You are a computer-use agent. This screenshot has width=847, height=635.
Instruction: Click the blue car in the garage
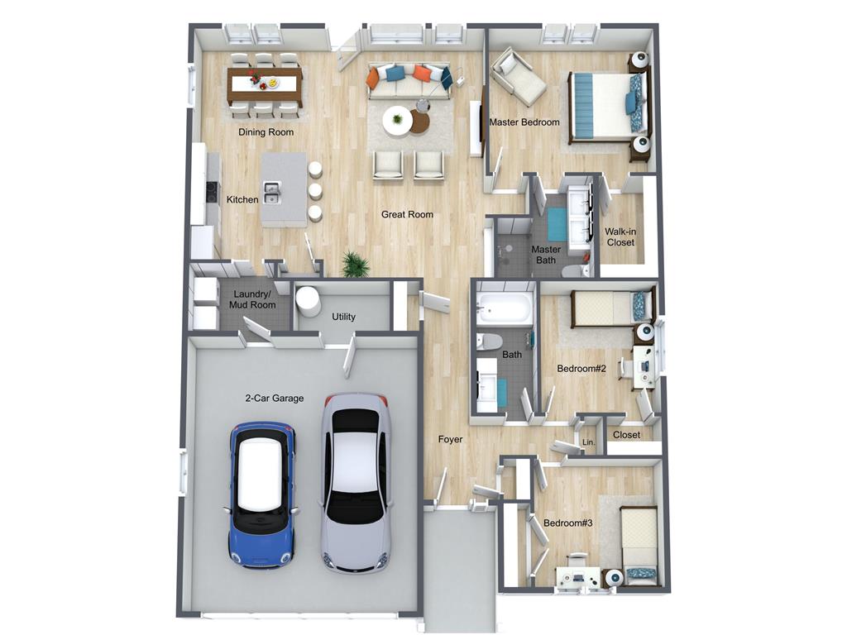click(261, 495)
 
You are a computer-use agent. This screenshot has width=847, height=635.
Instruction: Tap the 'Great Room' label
click(407, 214)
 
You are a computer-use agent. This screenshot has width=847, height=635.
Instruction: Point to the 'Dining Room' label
click(266, 131)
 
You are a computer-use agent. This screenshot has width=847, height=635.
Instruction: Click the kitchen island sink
click(271, 193)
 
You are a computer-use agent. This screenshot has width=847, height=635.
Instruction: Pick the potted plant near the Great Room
click(356, 264)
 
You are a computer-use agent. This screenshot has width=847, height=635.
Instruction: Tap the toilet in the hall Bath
click(489, 341)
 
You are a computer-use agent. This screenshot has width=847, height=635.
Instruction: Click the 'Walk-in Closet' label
click(620, 237)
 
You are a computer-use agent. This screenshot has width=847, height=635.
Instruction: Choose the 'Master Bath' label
click(546, 255)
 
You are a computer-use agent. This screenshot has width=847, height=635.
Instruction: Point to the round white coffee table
click(398, 121)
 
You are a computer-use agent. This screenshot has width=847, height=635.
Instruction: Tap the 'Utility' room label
click(343, 317)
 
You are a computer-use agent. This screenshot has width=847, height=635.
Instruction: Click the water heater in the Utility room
click(308, 301)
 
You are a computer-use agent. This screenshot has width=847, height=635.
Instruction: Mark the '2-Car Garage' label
click(275, 399)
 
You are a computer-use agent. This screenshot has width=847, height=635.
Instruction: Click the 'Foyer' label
click(450, 440)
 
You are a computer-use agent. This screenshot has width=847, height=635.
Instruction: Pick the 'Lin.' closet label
click(589, 442)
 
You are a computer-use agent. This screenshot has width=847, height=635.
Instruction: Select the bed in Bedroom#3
click(639, 546)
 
